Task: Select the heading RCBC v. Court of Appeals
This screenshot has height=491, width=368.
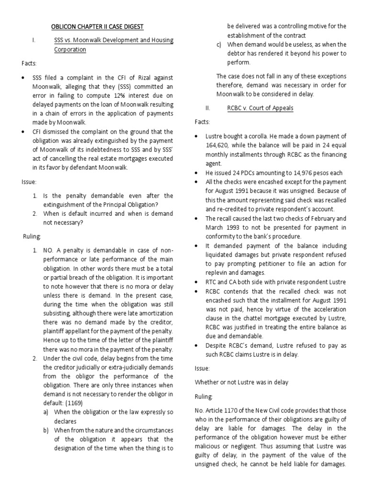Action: (x=260, y=108)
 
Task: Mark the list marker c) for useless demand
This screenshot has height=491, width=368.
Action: (x=219, y=44)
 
